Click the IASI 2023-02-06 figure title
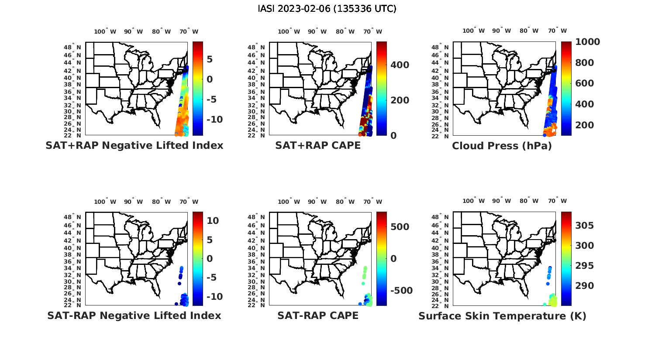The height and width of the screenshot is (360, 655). [327, 9]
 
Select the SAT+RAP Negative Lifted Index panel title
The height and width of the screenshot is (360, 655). [134, 146]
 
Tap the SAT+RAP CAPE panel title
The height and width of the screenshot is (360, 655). [318, 146]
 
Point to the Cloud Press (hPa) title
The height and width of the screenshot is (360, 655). [502, 146]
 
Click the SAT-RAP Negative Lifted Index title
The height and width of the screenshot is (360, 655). [134, 315]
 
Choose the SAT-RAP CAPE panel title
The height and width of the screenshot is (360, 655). [318, 315]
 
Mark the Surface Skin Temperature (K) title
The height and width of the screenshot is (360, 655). [502, 316]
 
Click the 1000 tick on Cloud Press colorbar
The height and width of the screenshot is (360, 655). [587, 42]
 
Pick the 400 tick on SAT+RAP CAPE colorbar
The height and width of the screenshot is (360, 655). [400, 65]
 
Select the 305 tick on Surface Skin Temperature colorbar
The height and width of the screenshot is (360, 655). [584, 225]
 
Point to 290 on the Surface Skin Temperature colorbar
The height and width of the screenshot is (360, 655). [584, 286]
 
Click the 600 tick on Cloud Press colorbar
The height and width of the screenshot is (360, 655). [584, 83]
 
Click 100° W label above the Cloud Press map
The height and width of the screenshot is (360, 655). [474, 31]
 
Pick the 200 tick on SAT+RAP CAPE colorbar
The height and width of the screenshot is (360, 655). [400, 100]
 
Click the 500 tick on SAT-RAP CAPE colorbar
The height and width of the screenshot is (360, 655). [400, 227]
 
